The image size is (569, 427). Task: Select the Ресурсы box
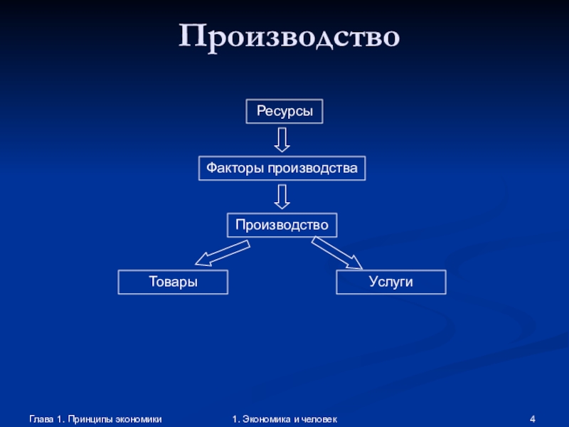tap(284, 111)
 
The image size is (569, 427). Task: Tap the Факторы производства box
tap(282, 168)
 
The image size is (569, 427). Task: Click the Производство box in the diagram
tap(282, 225)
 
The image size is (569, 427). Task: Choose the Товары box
tap(173, 282)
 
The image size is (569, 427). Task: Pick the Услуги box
tap(391, 282)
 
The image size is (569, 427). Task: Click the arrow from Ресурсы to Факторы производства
tap(282, 139)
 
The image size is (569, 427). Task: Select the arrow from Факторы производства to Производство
tap(282, 196)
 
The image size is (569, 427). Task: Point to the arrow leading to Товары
tap(222, 253)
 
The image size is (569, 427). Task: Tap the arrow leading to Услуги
tap(337, 253)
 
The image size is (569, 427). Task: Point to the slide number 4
tap(533, 420)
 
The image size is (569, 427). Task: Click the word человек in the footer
tap(319, 420)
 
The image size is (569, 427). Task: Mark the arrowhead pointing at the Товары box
tap(203, 260)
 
